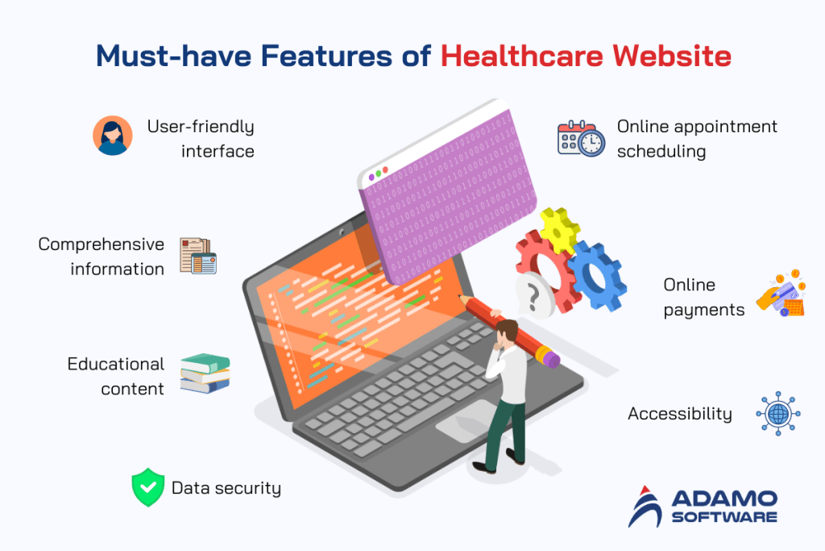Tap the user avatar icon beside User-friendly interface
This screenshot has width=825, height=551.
[112, 135]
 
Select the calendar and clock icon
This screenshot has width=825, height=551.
[580, 139]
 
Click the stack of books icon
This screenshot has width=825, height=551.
[205, 374]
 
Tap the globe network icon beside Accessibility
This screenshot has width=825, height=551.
[777, 414]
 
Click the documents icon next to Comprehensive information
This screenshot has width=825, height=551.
[197, 256]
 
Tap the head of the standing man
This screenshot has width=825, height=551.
[505, 330]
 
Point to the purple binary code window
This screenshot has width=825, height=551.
[443, 194]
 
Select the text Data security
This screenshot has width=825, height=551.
[226, 488]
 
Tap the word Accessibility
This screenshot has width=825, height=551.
[679, 414]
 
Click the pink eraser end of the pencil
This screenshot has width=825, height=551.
[549, 357]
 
